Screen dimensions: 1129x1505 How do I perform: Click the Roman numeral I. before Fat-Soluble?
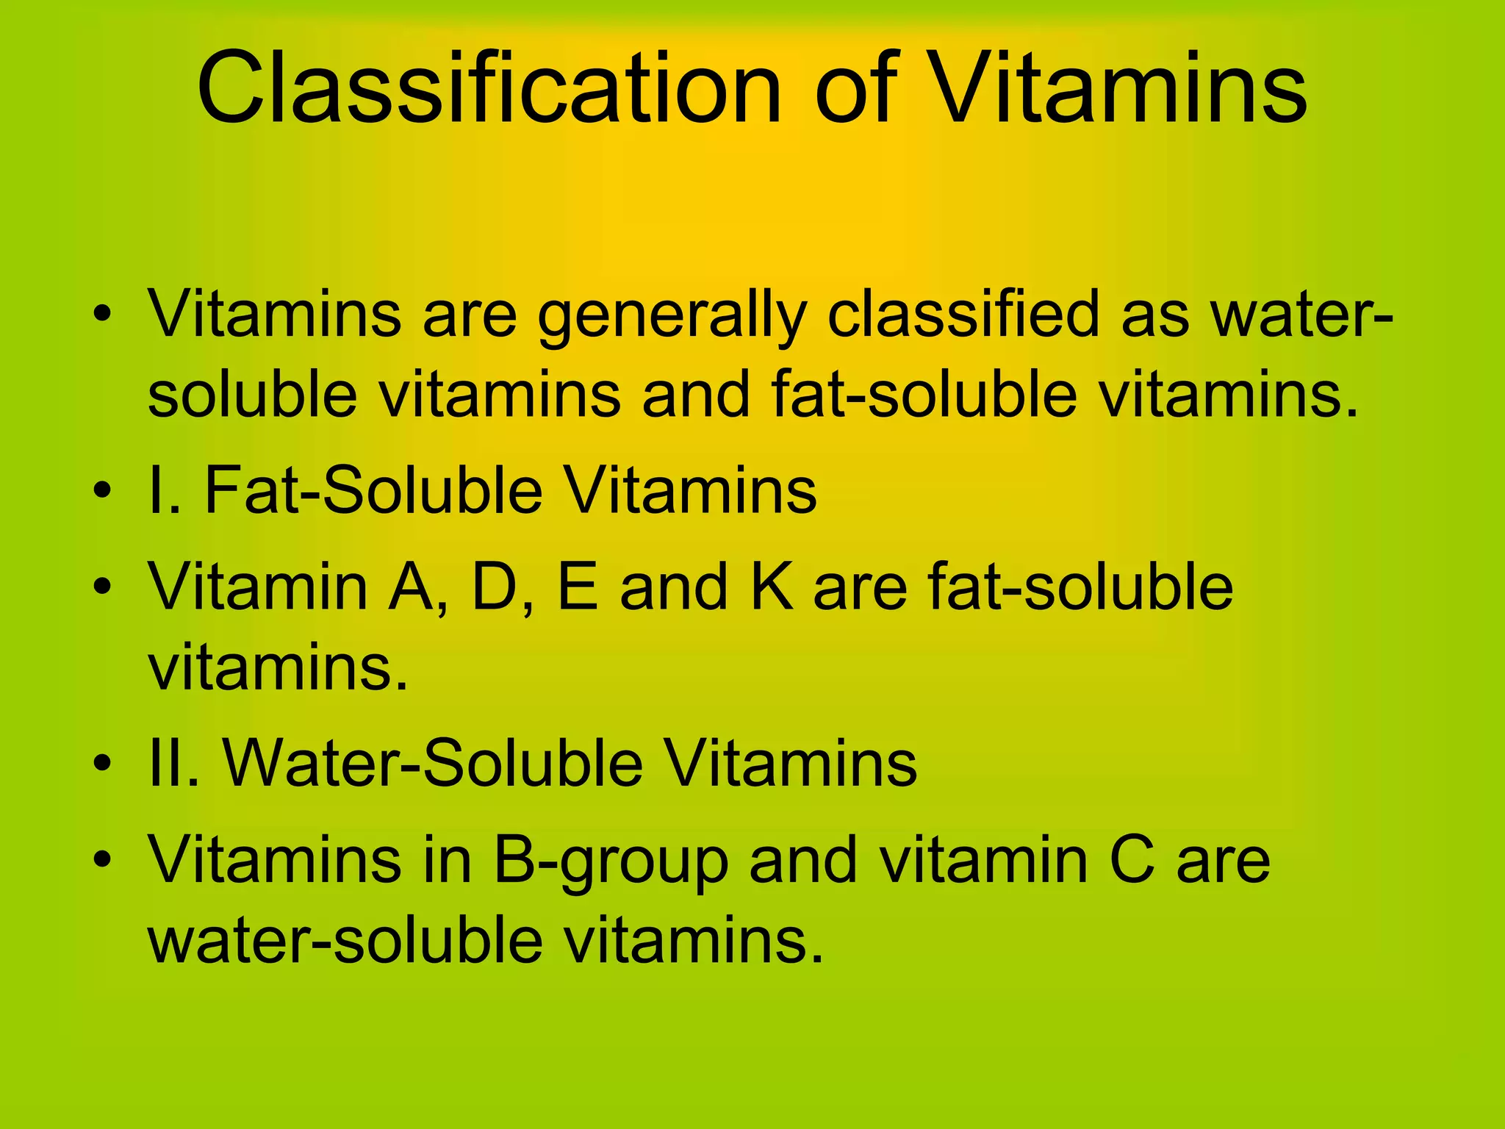tap(164, 491)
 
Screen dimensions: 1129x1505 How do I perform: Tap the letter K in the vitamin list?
tap(772, 587)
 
